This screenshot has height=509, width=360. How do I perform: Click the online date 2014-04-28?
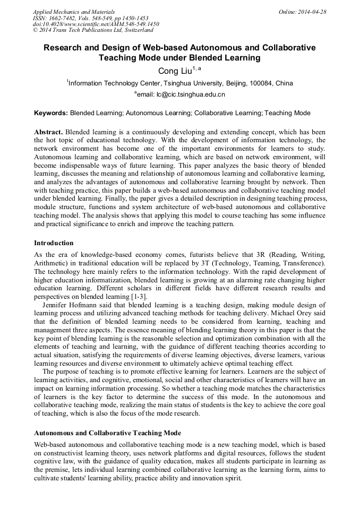click(x=312, y=11)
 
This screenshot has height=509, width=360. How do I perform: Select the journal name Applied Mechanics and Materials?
click(x=73, y=11)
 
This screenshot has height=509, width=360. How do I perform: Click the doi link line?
click(x=96, y=24)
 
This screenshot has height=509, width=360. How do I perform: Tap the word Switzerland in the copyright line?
click(x=135, y=30)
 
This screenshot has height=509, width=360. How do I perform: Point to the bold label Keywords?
click(x=51, y=113)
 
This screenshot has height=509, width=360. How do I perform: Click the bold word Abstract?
click(x=48, y=132)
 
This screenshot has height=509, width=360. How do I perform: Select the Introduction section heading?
click(x=54, y=243)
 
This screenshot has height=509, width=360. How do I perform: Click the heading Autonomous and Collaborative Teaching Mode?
click(x=107, y=433)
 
